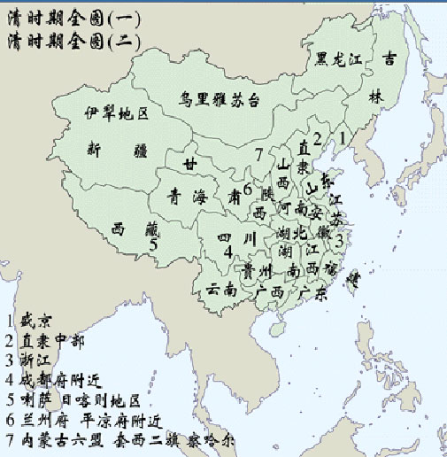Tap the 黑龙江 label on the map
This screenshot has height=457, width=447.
[x=340, y=60]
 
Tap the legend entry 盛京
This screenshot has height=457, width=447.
[x=31, y=321]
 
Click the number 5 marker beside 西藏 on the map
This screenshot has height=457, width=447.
[x=153, y=245]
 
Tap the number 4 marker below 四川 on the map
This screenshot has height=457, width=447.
[x=228, y=252]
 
